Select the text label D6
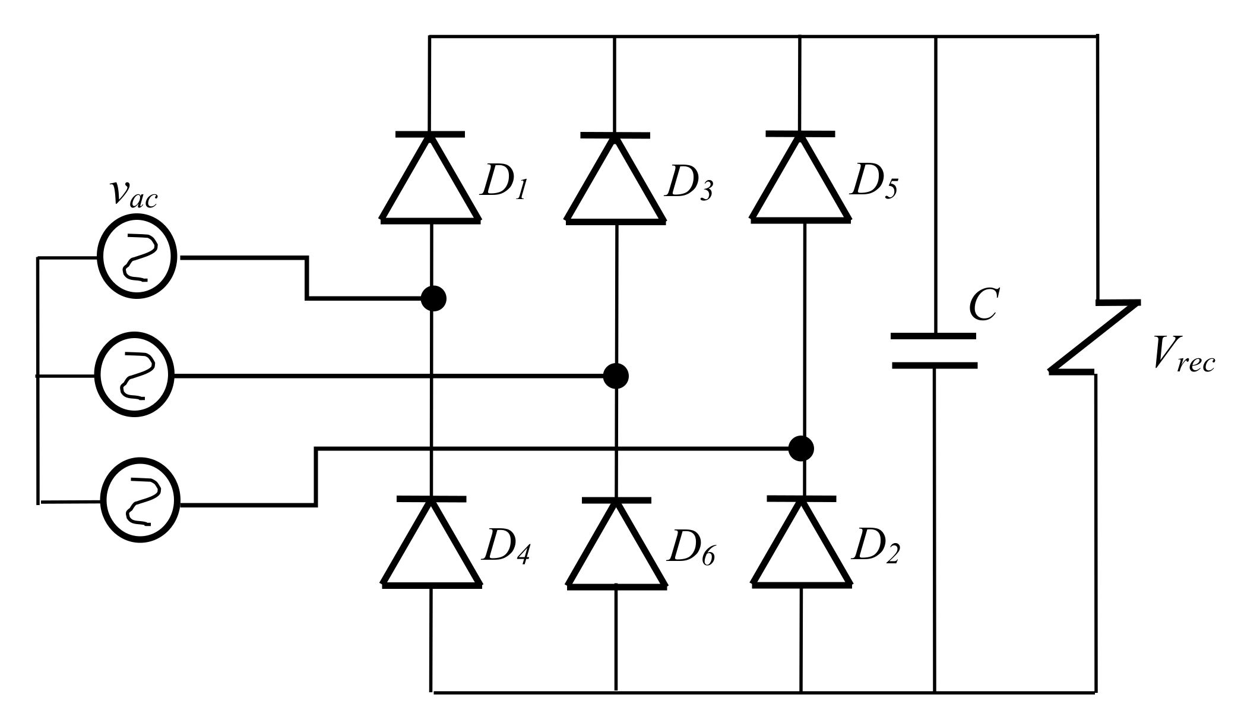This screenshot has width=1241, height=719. [690, 548]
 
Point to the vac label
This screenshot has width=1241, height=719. [134, 193]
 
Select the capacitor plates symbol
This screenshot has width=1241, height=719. [935, 351]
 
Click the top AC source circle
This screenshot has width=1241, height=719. [137, 258]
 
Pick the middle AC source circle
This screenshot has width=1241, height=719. [135, 376]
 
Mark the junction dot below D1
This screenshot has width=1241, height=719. [433, 298]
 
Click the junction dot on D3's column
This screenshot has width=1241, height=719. [616, 376]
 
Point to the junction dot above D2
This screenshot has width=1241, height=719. [801, 448]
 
